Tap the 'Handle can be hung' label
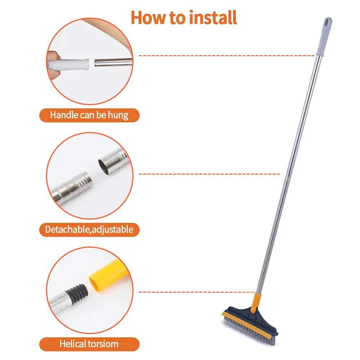coord(89,115)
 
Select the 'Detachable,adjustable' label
coord(89,229)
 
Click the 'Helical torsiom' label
coord(89,344)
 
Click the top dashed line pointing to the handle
coord(227,56)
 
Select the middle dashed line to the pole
coord(209,174)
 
